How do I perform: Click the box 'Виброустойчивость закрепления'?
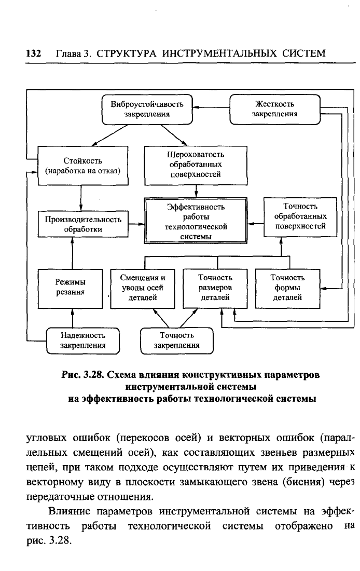tap(147, 109)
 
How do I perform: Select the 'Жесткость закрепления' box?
tap(275, 109)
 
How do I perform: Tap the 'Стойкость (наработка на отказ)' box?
tap(83, 166)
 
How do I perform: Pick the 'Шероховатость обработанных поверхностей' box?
tap(196, 166)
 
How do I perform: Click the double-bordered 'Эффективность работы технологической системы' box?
tap(196, 221)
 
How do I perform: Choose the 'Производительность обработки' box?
tap(83, 224)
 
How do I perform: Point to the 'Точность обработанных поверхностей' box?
tap(300, 217)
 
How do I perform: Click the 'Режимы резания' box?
tap(70, 289)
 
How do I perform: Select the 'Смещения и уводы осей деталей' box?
tap(143, 289)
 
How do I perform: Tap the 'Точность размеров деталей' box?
tap(215, 289)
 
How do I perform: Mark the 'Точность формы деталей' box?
tap(287, 289)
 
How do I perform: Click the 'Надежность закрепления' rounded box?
tap(83, 341)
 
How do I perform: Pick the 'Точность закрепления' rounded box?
tap(177, 341)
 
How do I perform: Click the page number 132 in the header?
tap(34, 53)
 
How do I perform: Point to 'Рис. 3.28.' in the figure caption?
tap(82, 375)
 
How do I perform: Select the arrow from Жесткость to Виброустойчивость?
tap(211, 107)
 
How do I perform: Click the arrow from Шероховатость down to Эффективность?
tap(196, 191)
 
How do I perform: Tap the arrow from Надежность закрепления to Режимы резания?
tap(72, 318)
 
